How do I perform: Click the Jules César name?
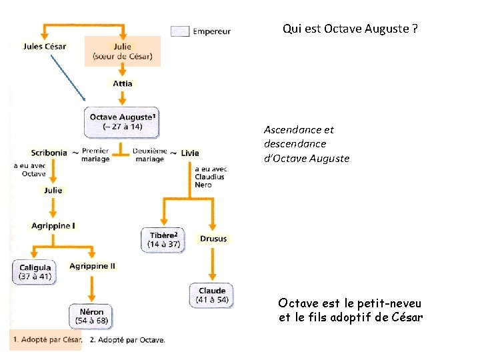pyautogui.click(x=44, y=47)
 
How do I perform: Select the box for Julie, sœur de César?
pyautogui.click(x=123, y=51)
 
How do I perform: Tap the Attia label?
pyautogui.click(x=123, y=83)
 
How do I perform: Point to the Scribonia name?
pyautogui.click(x=49, y=153)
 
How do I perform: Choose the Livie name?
pyautogui.click(x=190, y=153)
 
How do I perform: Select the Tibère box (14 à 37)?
pyautogui.click(x=163, y=240)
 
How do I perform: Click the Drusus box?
pyautogui.click(x=213, y=238)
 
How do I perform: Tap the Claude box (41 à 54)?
pyautogui.click(x=213, y=295)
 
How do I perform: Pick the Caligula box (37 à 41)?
pyautogui.click(x=35, y=272)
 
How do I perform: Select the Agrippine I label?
pyautogui.click(x=53, y=226)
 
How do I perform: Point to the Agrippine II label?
pyautogui.click(x=93, y=266)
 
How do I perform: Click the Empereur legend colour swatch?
pyautogui.click(x=180, y=31)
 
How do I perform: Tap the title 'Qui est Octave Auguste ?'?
pyautogui.click(x=351, y=29)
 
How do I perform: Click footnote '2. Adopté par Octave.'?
pyautogui.click(x=127, y=339)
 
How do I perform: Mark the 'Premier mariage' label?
pyautogui.click(x=95, y=155)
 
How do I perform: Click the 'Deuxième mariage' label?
pyautogui.click(x=149, y=155)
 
